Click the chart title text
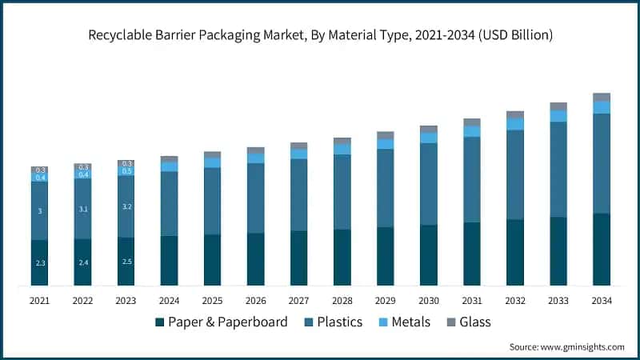click(320, 35)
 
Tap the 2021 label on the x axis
click(40, 300)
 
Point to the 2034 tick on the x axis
click(602, 300)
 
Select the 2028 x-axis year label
click(342, 300)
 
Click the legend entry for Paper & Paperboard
click(224, 322)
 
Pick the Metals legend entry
click(404, 322)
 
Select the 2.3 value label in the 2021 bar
click(40, 263)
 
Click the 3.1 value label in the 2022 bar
click(83, 209)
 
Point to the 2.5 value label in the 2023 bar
click(126, 262)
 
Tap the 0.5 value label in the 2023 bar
click(126, 171)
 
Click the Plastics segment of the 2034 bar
click(602, 163)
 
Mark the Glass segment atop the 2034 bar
click(602, 97)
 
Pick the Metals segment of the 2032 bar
click(515, 124)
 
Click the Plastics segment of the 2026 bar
click(256, 198)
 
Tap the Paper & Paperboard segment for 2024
click(170, 260)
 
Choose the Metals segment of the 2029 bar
click(386, 144)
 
